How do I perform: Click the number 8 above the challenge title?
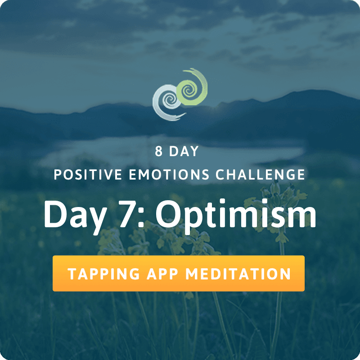[x=159, y=151]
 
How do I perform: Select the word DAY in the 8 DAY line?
[x=184, y=151]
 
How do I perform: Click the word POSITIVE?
[x=88, y=175]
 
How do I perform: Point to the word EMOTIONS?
[x=169, y=175]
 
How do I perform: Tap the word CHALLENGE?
[x=260, y=175]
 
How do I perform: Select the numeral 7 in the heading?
[x=127, y=214]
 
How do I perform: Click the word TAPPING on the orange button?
[x=103, y=274]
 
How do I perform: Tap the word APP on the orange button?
[x=162, y=274]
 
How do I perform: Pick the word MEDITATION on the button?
[x=238, y=274]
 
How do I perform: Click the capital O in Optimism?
[x=169, y=214]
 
